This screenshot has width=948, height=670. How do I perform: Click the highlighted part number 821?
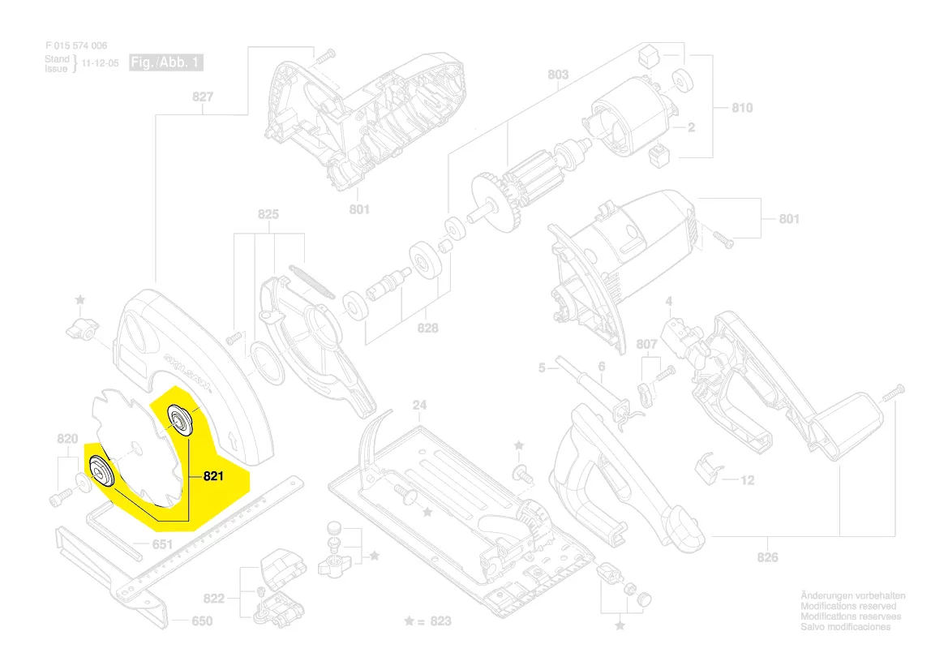(211, 476)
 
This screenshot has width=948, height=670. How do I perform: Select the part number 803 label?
(558, 75)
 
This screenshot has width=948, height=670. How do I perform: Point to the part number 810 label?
(742, 108)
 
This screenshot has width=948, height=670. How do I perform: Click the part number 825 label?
(268, 214)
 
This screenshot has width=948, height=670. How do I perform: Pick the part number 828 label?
(427, 328)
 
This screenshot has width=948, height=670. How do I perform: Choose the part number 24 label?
(418, 405)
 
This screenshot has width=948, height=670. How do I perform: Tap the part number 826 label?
(767, 557)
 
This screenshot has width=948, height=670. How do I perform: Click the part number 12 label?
(747, 481)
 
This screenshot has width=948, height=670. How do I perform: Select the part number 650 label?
(201, 621)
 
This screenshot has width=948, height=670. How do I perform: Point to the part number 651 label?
(163, 544)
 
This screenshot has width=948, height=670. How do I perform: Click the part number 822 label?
(213, 599)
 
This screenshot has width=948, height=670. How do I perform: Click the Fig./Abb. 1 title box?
(165, 62)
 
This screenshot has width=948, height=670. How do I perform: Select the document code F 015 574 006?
(76, 46)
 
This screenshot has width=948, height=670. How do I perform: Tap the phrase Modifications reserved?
(848, 607)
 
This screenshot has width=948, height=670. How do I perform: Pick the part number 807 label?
(646, 344)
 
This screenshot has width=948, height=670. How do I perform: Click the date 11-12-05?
(100, 62)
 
